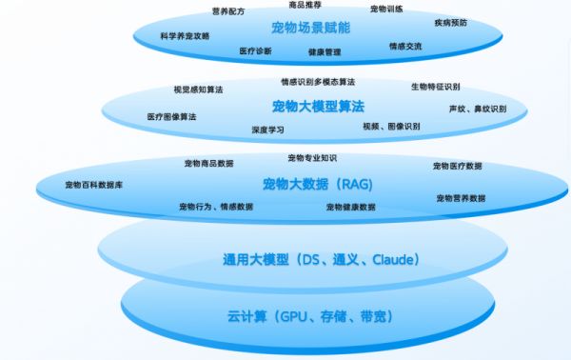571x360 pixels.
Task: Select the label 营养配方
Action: pos(228,11)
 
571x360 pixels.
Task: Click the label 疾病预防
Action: pos(450,22)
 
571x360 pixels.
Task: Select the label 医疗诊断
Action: pos(255,50)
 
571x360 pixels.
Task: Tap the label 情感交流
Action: pos(405,46)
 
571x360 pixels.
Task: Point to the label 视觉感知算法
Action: pos(198,90)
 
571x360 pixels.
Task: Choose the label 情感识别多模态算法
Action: pos(318,82)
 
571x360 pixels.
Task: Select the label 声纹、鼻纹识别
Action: pos(478,109)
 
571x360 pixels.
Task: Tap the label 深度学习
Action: pos(267,129)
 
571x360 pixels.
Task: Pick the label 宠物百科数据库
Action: pos(93,184)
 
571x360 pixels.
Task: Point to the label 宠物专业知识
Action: pos(312,157)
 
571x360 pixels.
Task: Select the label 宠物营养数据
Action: pos(461,198)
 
